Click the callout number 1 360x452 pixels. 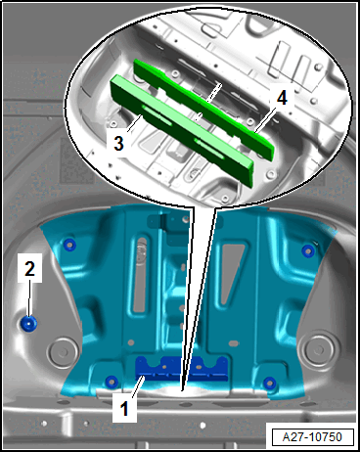click(124, 409)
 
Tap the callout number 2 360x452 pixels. click(29, 269)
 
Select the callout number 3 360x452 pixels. click(118, 143)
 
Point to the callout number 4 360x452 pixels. click(282, 98)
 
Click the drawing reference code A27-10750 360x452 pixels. click(312, 436)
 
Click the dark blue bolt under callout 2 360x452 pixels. click(28, 324)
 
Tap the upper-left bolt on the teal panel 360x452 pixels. click(69, 245)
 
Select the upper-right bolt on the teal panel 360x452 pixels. click(308, 250)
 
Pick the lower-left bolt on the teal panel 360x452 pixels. click(112, 381)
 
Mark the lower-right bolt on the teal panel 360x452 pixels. click(270, 383)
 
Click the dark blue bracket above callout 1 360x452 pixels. click(181, 369)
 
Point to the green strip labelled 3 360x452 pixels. click(182, 131)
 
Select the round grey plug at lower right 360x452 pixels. click(317, 350)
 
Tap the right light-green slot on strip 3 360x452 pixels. click(208, 149)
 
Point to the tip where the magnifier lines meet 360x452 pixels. click(182, 389)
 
